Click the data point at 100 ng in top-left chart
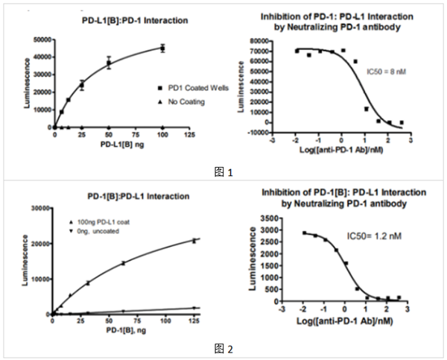(x=162, y=48)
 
